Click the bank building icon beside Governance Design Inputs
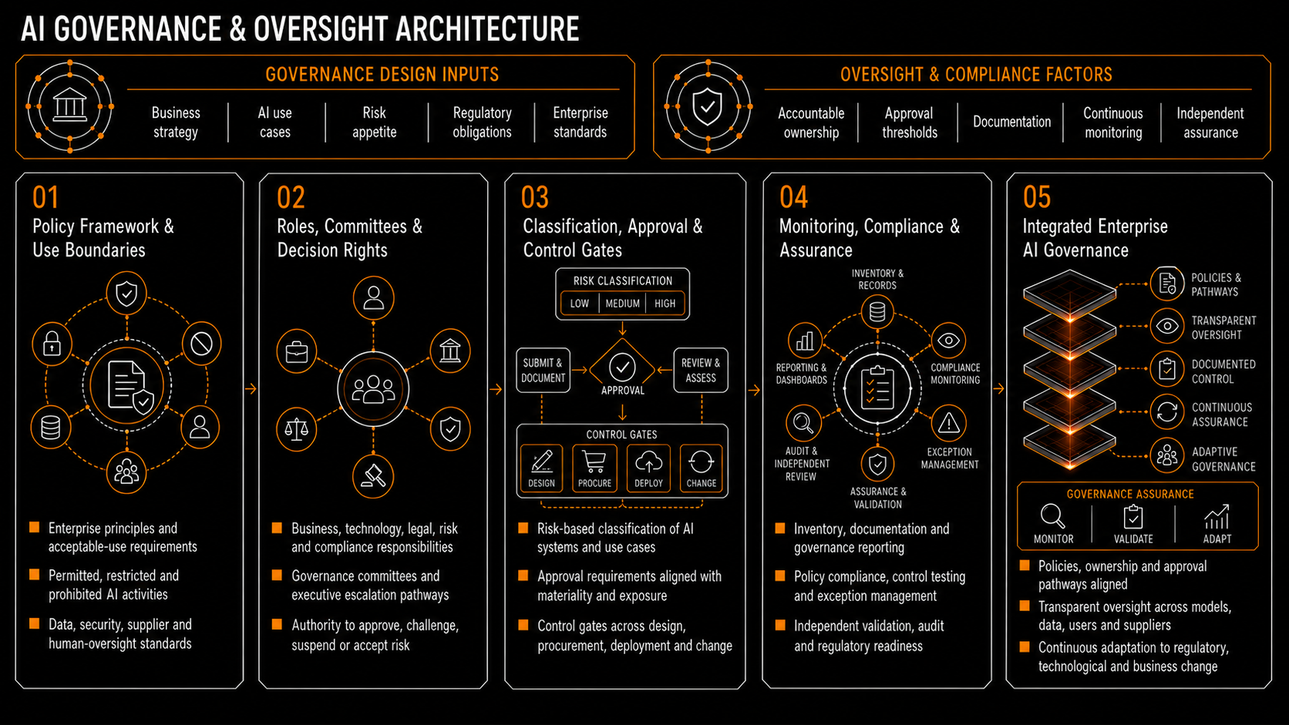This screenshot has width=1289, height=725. click(69, 106)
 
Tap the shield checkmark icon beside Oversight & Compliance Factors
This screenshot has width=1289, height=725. click(707, 106)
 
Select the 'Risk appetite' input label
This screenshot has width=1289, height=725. click(374, 122)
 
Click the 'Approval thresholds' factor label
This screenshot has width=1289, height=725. click(909, 123)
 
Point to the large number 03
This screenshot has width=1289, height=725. click(534, 197)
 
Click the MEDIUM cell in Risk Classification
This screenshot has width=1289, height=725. click(622, 304)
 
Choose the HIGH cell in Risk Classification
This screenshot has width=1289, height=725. click(665, 304)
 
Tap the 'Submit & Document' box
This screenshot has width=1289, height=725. click(543, 371)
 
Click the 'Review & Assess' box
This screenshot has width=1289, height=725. click(700, 371)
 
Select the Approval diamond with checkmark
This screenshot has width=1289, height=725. click(622, 367)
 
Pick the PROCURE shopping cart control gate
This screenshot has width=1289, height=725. click(594, 468)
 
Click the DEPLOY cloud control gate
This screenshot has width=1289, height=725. click(648, 468)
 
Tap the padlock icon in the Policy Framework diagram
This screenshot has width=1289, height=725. click(52, 344)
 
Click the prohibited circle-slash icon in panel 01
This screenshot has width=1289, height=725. click(201, 344)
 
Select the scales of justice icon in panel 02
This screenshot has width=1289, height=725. click(296, 428)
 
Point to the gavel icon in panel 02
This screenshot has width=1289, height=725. click(373, 476)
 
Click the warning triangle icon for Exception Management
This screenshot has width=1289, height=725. click(948, 424)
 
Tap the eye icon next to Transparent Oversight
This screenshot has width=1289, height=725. click(1167, 327)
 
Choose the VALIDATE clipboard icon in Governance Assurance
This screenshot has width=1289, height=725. click(1133, 517)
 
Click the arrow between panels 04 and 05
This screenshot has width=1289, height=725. click(999, 389)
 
